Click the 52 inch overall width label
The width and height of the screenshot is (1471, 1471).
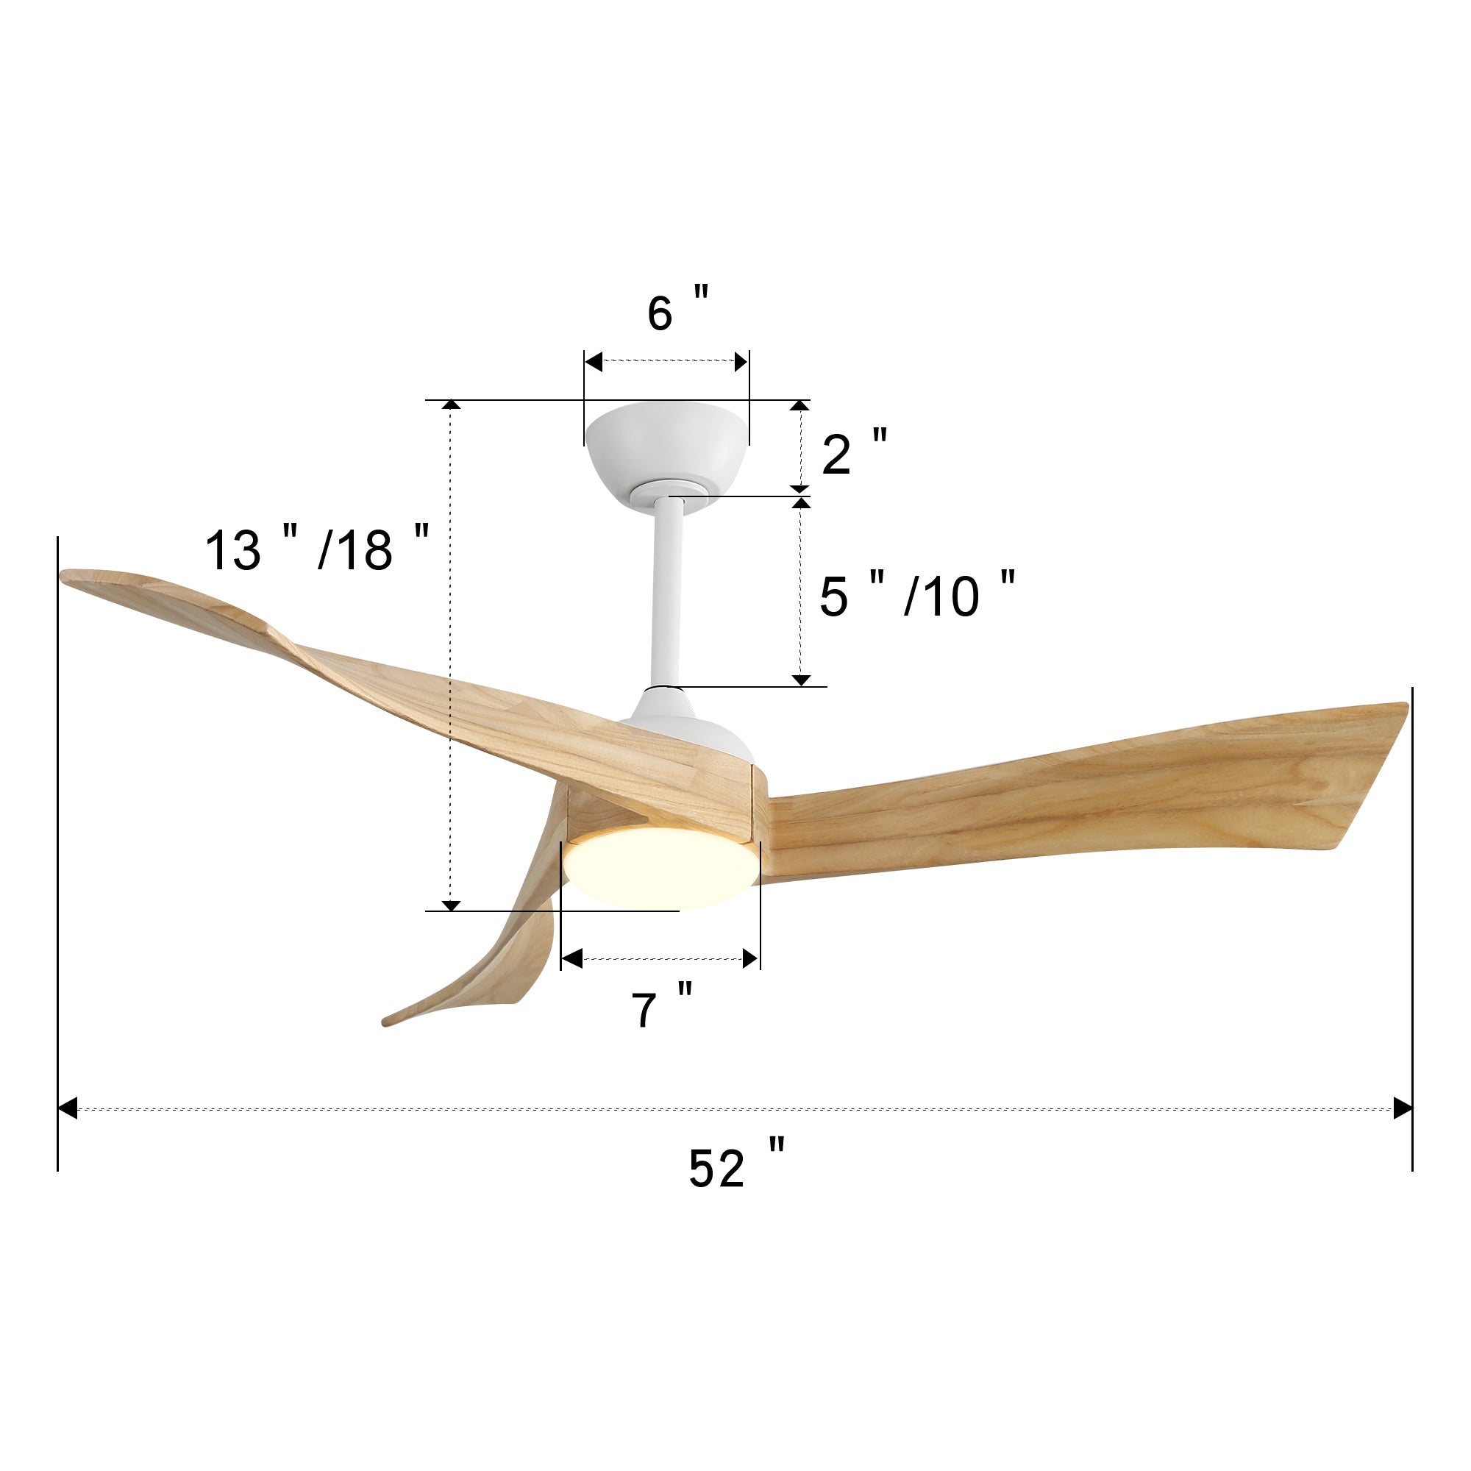(x=736, y=1164)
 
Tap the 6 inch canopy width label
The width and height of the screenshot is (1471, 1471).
(x=678, y=308)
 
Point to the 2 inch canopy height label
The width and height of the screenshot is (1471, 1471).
(x=854, y=452)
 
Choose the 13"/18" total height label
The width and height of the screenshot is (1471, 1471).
(x=318, y=546)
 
